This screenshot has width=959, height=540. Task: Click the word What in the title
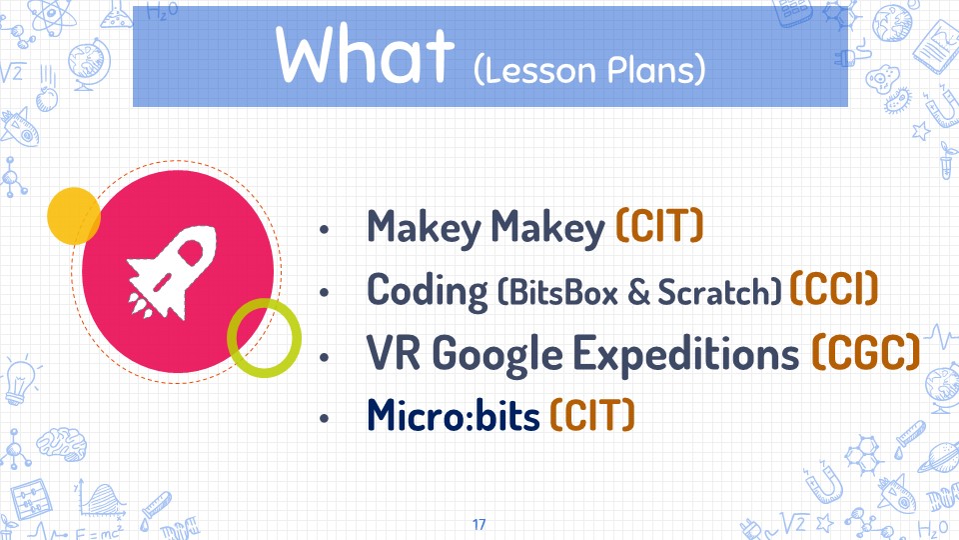366,54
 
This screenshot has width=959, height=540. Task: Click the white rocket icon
173,272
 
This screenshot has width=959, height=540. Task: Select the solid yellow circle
74,216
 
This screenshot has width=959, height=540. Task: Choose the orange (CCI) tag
834,288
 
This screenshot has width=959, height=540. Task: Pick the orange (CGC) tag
866,352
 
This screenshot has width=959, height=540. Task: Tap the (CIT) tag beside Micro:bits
592,414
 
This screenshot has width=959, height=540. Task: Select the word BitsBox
562,292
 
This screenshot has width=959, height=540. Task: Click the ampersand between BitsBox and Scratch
638,293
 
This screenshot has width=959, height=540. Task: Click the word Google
497,355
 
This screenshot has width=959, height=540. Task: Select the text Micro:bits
454,414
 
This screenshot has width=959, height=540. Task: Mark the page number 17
479,524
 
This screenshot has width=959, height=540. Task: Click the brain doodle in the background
61,443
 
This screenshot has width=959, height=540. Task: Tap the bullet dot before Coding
324,293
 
